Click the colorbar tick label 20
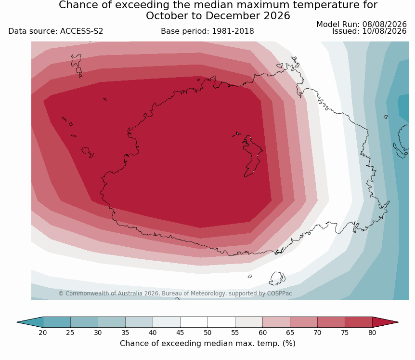coord(43,333)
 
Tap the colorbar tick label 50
coord(207,333)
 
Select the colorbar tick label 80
coord(372,333)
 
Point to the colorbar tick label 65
coord(290,333)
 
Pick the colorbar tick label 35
coord(125,333)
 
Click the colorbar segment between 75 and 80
coord(358,322)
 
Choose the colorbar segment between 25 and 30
coord(84,322)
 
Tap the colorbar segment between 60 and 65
coord(276,322)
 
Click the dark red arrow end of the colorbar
coord(385,322)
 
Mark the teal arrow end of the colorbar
coord(30,322)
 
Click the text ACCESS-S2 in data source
coord(81,31)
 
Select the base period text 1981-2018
coord(233,31)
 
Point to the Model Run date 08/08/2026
coord(384,25)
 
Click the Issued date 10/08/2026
coord(384,31)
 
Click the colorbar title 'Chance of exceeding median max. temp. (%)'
coord(207,344)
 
